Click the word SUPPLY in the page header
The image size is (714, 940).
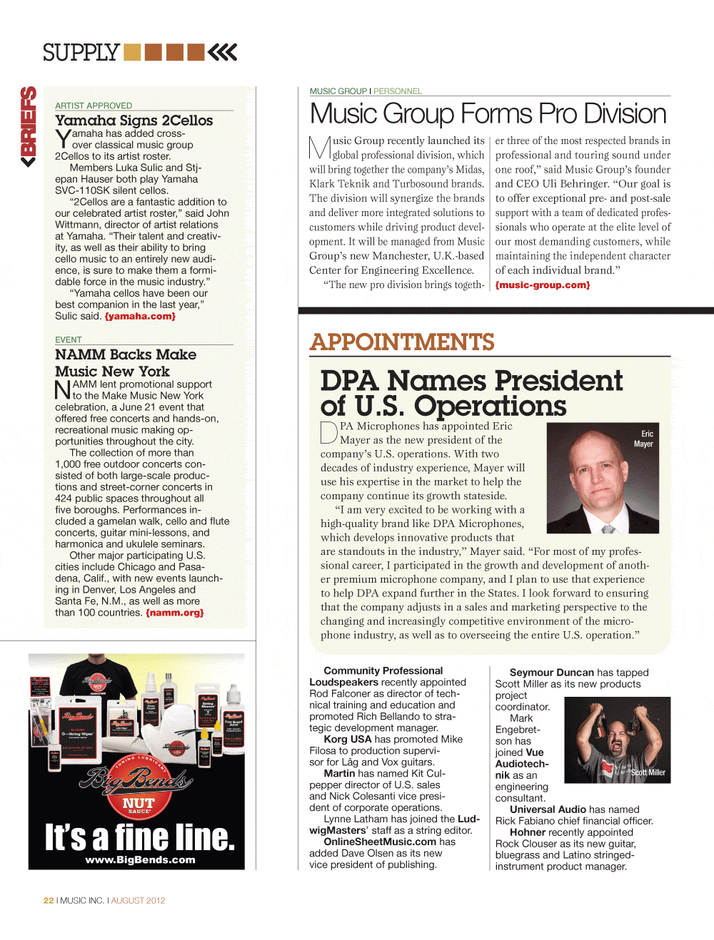[x=81, y=53]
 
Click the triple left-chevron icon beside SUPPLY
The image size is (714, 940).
[x=223, y=52]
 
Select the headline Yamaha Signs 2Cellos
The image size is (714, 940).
[x=134, y=121]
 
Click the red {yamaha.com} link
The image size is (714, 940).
[x=140, y=316]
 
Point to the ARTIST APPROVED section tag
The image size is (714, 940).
[x=94, y=106]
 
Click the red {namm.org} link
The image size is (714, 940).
[x=175, y=613]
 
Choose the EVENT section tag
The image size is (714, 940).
[x=69, y=340]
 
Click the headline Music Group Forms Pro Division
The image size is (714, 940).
[x=488, y=114]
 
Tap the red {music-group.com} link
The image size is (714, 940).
[x=543, y=285]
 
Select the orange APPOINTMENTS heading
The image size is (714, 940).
[x=402, y=342]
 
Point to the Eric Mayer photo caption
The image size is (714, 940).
[x=644, y=439]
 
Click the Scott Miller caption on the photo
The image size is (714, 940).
[x=648, y=772]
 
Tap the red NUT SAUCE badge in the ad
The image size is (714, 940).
[x=138, y=804]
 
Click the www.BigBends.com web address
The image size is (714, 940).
[x=140, y=860]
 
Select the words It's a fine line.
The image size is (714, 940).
[x=140, y=837]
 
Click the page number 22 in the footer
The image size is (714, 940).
[x=49, y=901]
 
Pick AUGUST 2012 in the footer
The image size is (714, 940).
[x=138, y=901]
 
